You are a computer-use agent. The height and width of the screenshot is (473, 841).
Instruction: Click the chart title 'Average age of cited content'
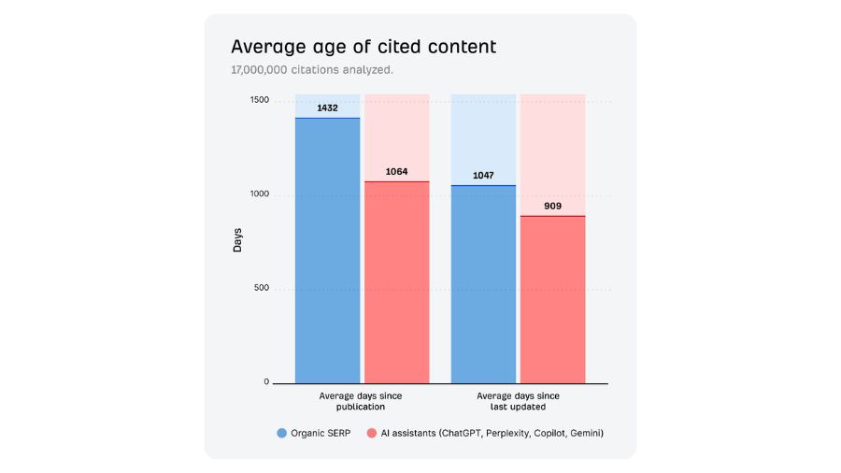point(363,47)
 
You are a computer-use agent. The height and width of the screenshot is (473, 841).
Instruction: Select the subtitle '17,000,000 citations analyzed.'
point(312,70)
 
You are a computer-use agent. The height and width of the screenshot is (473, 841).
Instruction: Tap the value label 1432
point(327,107)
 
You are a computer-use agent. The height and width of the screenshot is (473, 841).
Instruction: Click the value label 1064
point(396,171)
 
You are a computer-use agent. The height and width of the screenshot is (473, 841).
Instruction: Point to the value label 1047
point(483,175)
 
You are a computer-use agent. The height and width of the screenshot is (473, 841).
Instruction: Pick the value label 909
point(552,206)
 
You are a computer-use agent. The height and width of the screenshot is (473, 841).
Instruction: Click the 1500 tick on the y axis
point(259,101)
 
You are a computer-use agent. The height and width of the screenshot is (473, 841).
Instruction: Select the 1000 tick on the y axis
point(259,194)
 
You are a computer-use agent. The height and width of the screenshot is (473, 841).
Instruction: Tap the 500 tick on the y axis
point(261,288)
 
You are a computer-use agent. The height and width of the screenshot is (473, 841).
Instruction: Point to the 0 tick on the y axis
point(265,381)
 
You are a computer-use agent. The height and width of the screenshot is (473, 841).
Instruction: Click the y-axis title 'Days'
point(237,240)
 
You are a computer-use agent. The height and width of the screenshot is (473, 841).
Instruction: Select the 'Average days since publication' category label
point(361,402)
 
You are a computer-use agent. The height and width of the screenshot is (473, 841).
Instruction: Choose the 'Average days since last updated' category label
point(518,402)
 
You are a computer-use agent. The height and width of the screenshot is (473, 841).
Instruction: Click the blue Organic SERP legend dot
point(281,433)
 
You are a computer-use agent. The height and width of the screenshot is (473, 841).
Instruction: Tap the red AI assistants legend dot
point(371,433)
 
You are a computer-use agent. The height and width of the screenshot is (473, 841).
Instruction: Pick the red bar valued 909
point(552,299)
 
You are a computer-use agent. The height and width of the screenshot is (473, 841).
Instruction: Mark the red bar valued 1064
point(396,281)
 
